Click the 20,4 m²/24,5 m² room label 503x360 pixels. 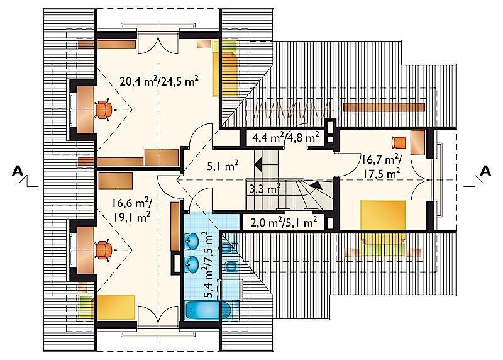click(x=159, y=82)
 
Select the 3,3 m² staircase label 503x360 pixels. click(x=265, y=189)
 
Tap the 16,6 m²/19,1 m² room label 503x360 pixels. click(x=132, y=210)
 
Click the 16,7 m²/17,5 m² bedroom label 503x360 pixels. click(x=381, y=167)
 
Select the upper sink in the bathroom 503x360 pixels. click(x=192, y=240)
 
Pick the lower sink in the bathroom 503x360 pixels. click(x=192, y=263)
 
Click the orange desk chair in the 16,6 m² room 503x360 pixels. click(x=103, y=250)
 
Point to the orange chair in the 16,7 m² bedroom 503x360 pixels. click(x=399, y=142)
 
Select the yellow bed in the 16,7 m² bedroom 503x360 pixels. click(x=383, y=228)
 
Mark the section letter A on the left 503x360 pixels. click(x=18, y=171)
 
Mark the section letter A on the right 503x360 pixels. click(x=485, y=171)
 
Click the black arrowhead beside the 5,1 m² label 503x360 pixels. click(x=258, y=165)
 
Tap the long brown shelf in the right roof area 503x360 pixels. click(x=384, y=107)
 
